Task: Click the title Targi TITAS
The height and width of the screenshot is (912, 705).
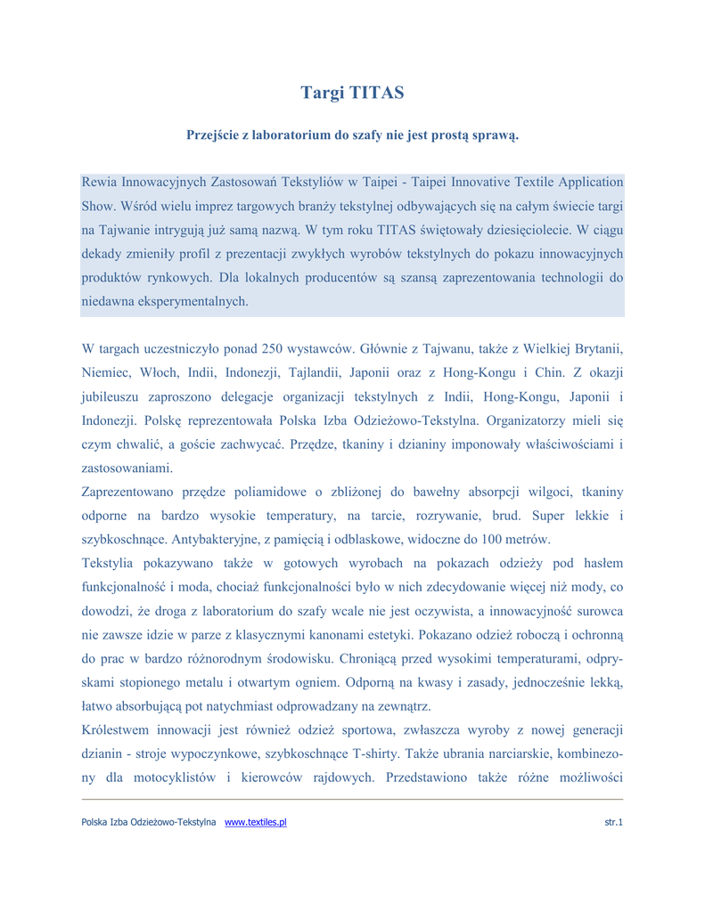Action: (x=352, y=93)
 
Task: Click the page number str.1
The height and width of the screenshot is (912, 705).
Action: (x=613, y=823)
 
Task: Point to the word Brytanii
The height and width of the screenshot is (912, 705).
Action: (x=596, y=346)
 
